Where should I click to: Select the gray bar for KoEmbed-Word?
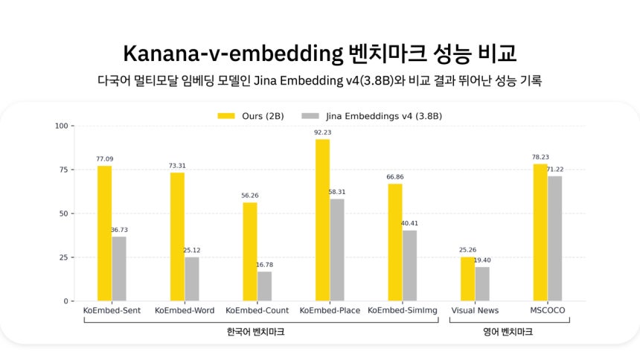192,279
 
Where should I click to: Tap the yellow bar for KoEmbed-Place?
322,220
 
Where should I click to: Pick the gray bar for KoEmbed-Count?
265,286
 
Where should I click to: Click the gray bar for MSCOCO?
555,239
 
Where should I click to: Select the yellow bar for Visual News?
467,279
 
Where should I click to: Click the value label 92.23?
322,132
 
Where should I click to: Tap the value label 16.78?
265,265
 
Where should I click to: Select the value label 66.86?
395,177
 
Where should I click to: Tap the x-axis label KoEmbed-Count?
257,310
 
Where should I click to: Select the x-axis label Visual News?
475,310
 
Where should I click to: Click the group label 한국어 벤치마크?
255,332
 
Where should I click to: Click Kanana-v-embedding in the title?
232,55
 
